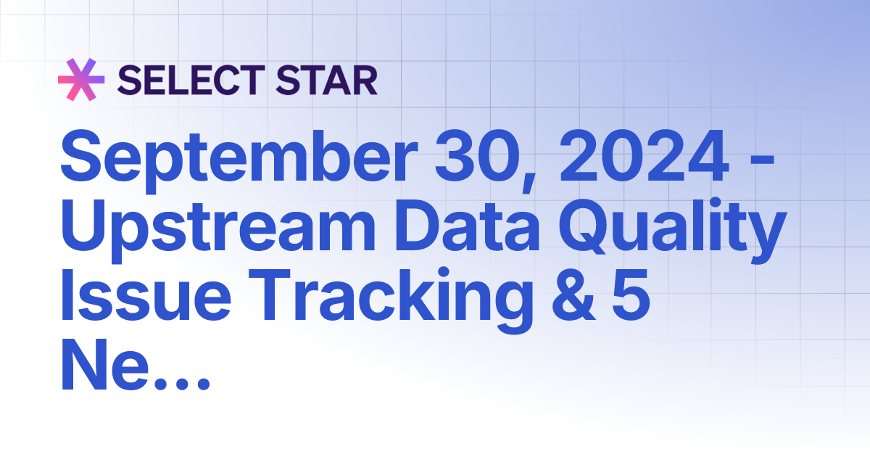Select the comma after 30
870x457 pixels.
521,178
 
